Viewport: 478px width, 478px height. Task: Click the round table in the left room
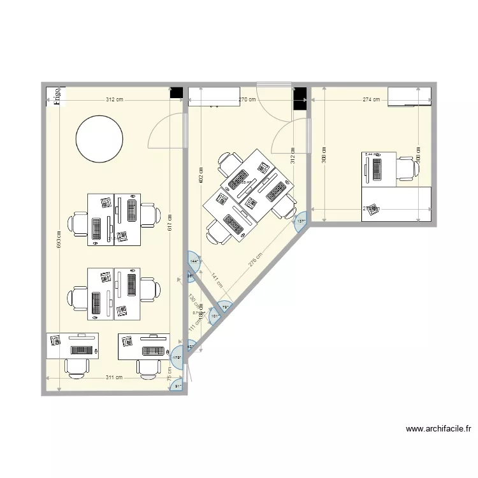coord(99,138)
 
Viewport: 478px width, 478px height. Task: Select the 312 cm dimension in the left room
coord(115,99)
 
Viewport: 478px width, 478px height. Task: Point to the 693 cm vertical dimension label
coord(59,239)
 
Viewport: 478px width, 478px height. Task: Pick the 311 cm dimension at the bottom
coord(115,377)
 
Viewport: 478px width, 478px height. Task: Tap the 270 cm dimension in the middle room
coord(247,99)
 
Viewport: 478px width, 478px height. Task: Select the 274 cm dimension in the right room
coord(371,99)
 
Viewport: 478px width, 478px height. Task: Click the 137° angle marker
coord(301,221)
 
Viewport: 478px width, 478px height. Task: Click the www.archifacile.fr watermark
coord(437,430)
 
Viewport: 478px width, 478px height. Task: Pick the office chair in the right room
coord(407,168)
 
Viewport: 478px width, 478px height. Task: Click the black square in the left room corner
coord(176,92)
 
